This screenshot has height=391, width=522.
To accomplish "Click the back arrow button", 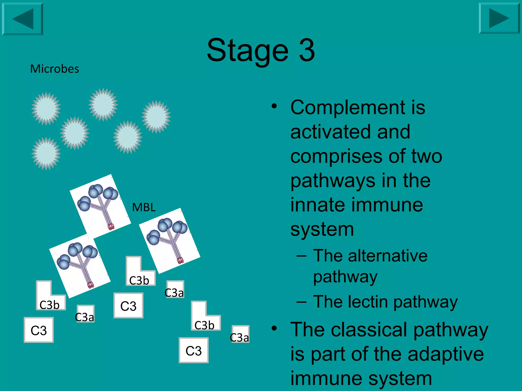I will click(22, 19).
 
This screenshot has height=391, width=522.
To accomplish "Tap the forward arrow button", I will click(499, 18).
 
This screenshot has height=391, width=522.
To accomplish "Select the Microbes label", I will click(55, 69).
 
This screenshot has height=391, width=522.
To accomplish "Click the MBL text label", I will click(144, 207).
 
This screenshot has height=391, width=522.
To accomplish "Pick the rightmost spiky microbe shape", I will click(156, 117).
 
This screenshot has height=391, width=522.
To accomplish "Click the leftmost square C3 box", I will click(39, 330).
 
